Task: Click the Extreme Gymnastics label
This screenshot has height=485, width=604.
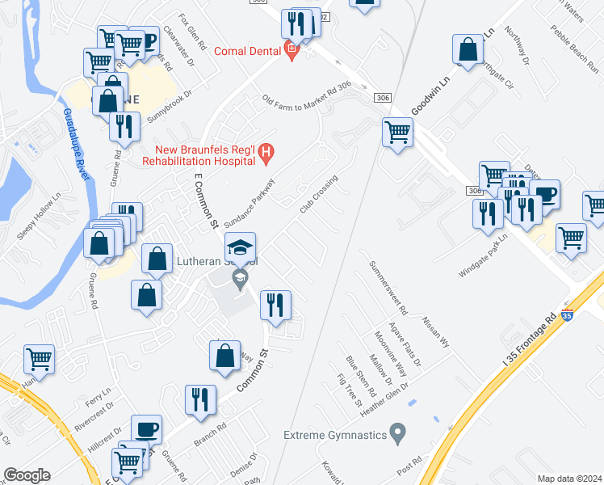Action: click(x=334, y=436)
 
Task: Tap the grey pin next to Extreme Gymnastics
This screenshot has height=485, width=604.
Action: click(x=396, y=435)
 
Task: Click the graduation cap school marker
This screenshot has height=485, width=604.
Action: click(x=239, y=248)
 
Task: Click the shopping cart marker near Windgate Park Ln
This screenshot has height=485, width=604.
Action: click(x=571, y=238)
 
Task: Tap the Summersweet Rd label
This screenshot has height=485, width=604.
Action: click(x=388, y=288)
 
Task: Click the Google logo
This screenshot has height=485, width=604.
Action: click(x=27, y=474)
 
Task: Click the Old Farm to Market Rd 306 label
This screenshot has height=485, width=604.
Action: click(x=307, y=100)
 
